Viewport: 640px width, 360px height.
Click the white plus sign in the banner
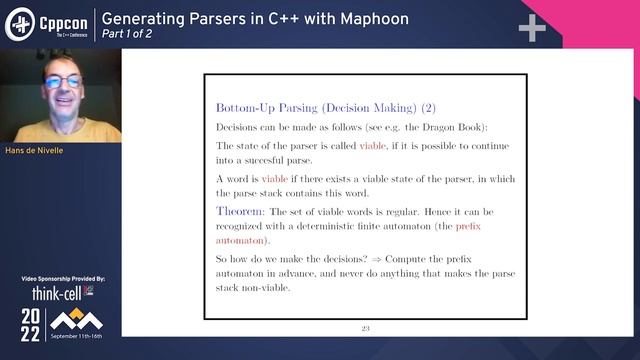532,28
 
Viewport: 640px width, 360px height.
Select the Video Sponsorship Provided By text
62,279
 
